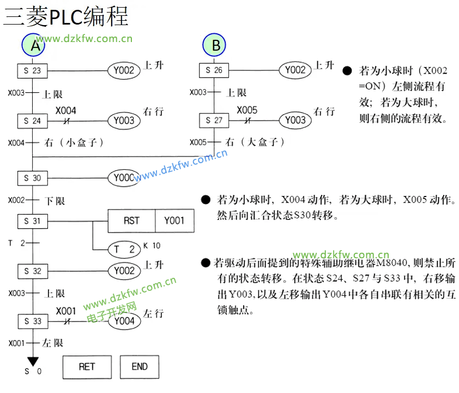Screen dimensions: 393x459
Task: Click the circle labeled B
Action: coord(216,45)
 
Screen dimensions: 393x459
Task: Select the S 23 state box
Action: coord(33,70)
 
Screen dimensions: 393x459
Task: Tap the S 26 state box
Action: coord(214,70)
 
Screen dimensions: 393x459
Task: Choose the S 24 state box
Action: coord(33,120)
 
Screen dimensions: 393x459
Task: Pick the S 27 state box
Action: coord(214,120)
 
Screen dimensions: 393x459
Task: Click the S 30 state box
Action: coord(33,178)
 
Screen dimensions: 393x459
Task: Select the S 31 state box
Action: coord(33,221)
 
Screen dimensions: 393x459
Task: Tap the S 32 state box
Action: coord(33,271)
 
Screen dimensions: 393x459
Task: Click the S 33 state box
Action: coord(33,321)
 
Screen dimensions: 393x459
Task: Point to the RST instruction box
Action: coord(131,221)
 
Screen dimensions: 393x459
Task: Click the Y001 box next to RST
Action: coord(174,221)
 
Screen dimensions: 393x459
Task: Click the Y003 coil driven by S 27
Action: coord(295,120)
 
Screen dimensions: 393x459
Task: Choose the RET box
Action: coord(87,367)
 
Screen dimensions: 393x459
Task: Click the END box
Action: coord(140,367)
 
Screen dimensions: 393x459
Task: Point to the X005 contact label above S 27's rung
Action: coord(247,110)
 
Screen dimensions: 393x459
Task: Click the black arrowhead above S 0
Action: coord(33,361)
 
